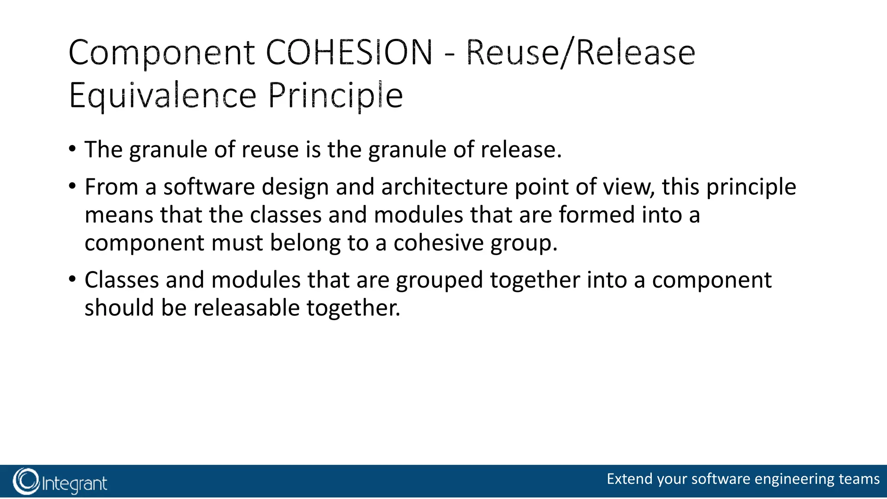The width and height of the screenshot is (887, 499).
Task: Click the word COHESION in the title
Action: [349, 52]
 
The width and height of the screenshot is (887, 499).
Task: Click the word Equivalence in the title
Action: [163, 96]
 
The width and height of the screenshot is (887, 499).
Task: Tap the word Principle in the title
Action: [336, 96]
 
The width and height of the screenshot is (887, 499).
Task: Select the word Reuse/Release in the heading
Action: [580, 52]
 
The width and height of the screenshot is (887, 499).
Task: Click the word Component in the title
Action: [162, 53]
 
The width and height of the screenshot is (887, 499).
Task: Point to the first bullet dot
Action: [72, 149]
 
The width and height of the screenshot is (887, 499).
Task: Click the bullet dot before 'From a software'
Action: [72, 187]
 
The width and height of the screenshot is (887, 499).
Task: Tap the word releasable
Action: [246, 308]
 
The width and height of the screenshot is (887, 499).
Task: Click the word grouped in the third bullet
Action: [439, 280]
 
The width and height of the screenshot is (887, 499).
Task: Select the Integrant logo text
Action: [74, 483]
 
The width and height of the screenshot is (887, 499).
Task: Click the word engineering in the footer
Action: [794, 479]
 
